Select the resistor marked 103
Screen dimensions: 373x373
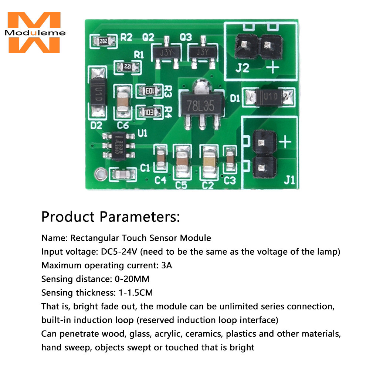coord(149,111)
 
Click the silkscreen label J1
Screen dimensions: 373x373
coord(289,180)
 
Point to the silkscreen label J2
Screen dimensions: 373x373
coord(243,68)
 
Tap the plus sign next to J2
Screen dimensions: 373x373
coord(273,68)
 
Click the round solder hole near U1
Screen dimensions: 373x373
coord(99,173)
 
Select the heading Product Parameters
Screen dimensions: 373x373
coord(111,216)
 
